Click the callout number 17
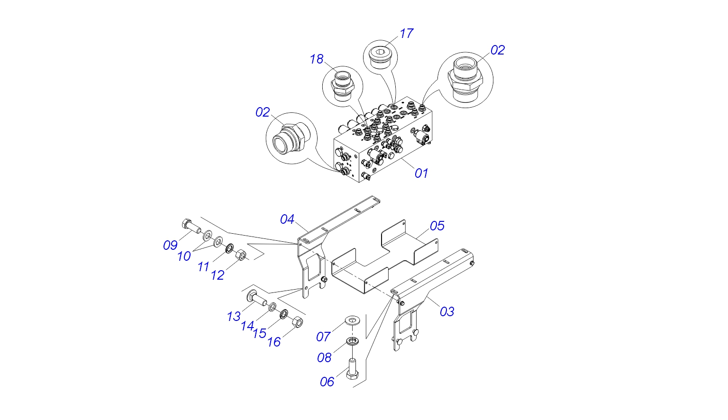pos(406,34)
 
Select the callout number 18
pos(317,59)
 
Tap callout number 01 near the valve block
pos(421,173)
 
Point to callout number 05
pos(437,226)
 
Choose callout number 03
pos(447,311)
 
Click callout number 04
pos(287,219)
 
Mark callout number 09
pos(170,246)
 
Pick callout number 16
pos(274,342)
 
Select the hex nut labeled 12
pos(241,256)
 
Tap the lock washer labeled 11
pos(229,248)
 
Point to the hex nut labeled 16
pos(297,322)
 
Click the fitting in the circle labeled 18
pos(342,85)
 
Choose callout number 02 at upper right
pos(498,50)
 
